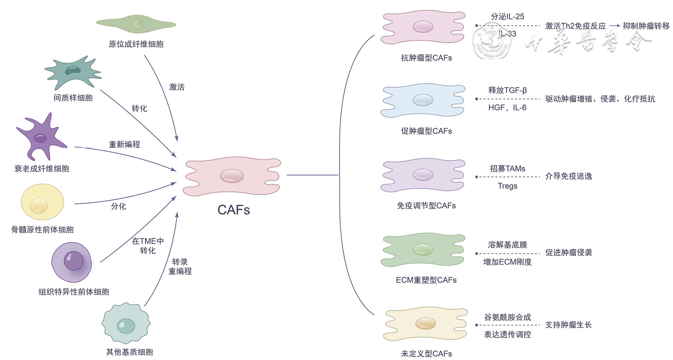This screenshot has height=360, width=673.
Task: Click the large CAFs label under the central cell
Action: pos(234,210)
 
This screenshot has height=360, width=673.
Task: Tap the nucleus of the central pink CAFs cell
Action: pos(232,176)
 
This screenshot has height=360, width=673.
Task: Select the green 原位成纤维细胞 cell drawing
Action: pos(136,24)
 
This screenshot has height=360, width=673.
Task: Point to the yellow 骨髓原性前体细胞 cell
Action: pos(42,202)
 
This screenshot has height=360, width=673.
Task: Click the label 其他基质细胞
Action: pos(130,352)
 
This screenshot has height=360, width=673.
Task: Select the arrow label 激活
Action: pos(177,87)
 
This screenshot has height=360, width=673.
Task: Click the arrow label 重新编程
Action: pos(124,144)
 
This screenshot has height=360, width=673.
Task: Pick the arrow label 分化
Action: pos(119,206)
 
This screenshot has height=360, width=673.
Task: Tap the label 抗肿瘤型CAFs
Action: pos(426,58)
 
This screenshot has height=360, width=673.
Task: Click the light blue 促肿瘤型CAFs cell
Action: pos(423,100)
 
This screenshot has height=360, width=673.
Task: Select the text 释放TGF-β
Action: pos(507,90)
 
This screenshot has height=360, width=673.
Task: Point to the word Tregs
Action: pos(507,186)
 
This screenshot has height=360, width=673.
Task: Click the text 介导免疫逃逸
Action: pos(568,176)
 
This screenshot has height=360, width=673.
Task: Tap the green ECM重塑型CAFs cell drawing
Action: pos(423,250)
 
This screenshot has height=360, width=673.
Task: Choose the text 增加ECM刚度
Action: pos(507,262)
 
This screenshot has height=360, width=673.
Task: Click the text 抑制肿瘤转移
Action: pos(646,26)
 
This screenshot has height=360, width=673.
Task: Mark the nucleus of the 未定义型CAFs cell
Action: pos(426,323)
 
